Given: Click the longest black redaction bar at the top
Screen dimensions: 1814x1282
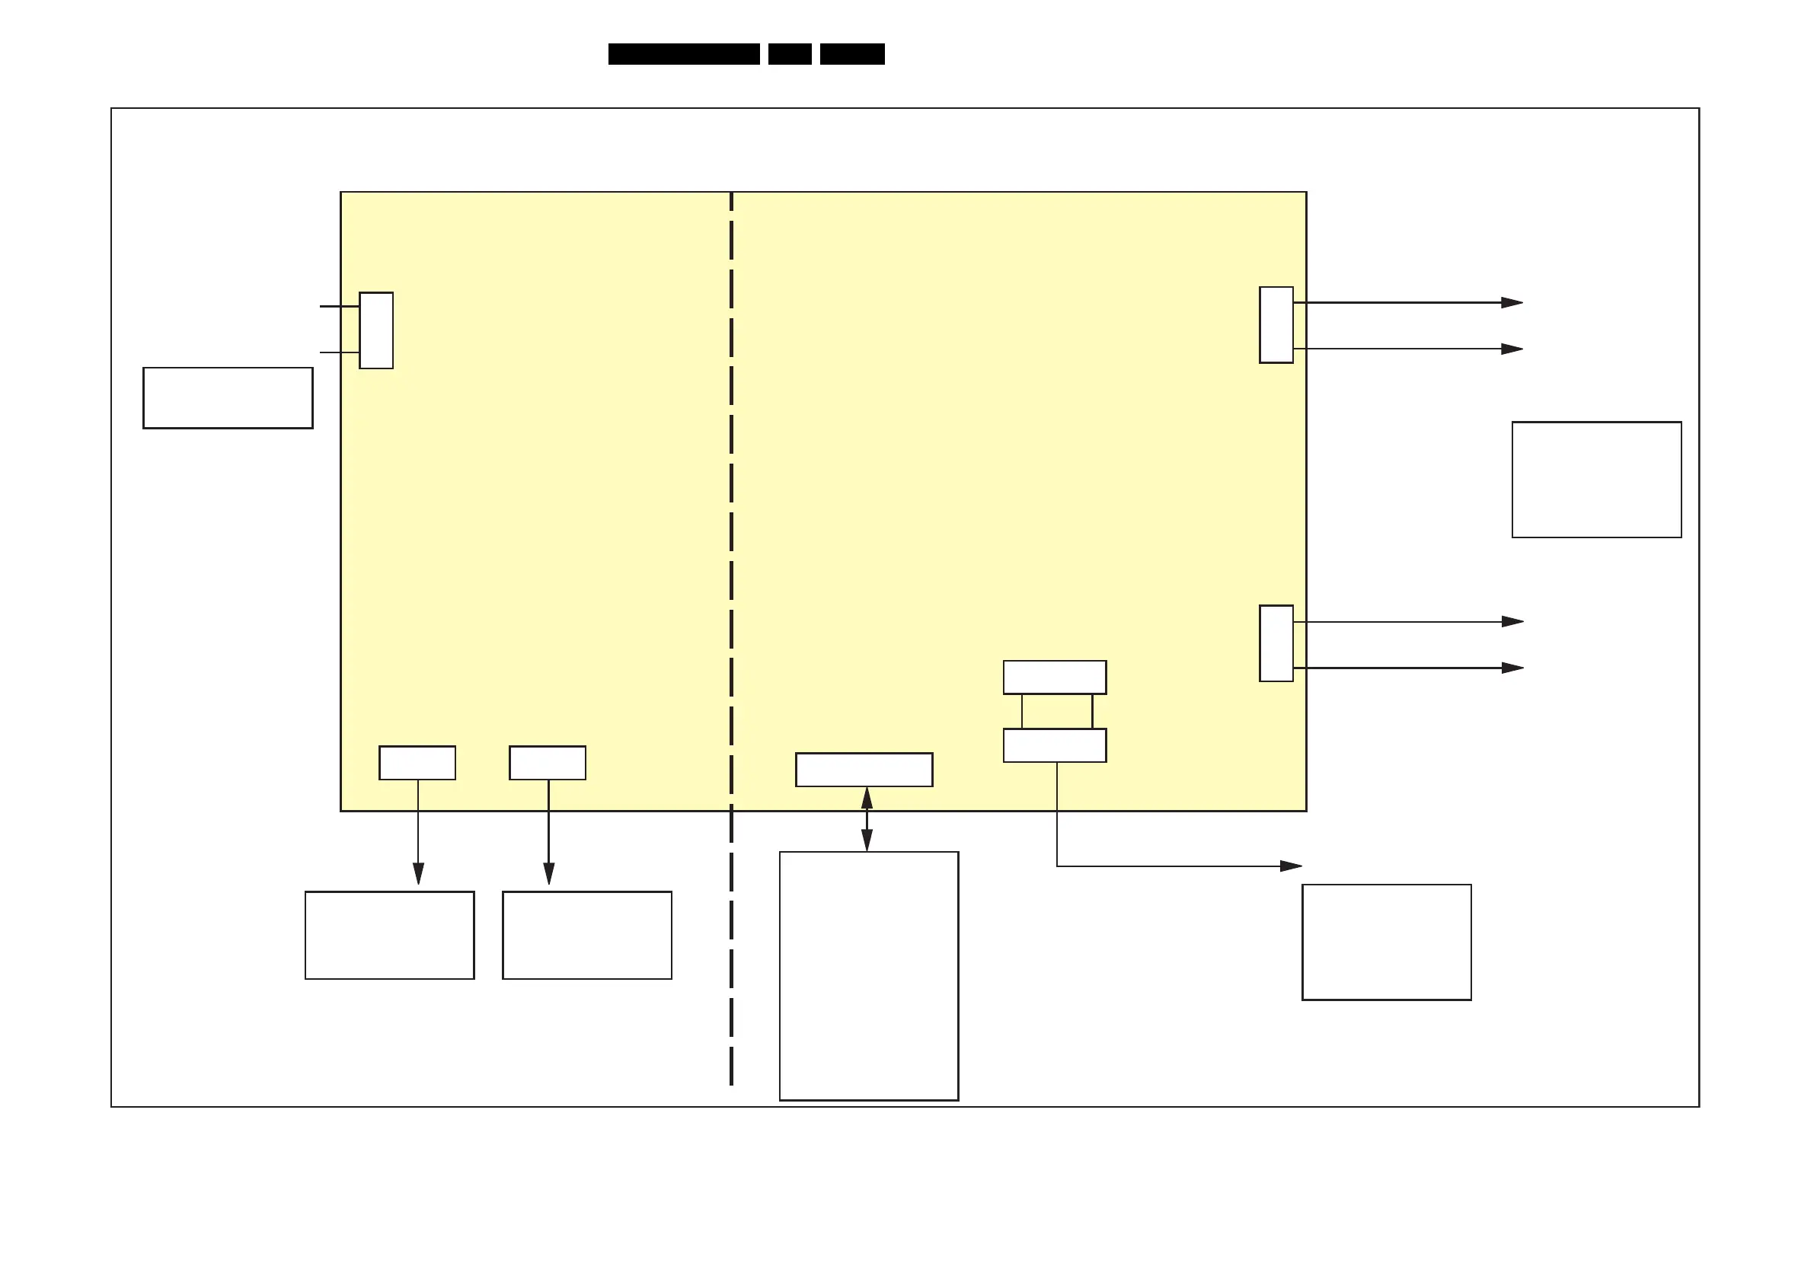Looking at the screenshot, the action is coord(683,54).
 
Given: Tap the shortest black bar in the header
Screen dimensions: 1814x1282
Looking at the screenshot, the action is coord(789,54).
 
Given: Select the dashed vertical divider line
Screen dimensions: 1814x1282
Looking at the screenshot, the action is coord(732,553).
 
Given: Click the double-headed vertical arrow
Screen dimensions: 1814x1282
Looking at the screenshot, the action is coord(867,819).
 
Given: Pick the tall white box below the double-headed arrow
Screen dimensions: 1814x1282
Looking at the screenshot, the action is coord(868,975).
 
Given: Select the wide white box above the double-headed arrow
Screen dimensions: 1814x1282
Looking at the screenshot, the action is coord(864,770).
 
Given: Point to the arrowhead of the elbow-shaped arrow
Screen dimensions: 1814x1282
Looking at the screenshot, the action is coord(1291,866).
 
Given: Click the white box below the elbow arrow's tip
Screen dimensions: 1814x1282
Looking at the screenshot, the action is coord(1386,942).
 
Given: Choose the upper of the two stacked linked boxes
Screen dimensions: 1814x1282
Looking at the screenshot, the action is coord(1054,677).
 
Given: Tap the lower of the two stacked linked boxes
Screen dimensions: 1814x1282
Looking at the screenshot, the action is coord(1054,745).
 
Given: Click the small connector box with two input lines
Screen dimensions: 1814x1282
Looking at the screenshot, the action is coord(376,330).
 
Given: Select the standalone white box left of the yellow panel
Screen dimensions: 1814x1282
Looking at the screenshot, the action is coord(228,398).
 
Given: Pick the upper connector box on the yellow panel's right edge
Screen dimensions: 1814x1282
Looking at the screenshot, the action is coord(1276,324).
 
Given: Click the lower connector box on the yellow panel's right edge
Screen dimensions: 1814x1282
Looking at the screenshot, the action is coord(1276,643).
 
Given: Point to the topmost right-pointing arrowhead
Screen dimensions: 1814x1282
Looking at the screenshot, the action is coord(1512,302).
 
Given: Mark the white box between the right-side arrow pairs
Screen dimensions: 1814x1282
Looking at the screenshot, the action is coord(1596,480).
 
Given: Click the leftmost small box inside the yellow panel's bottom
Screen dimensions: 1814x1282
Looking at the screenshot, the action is coord(417,762).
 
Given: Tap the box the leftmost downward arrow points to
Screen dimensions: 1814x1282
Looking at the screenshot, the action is coord(389,936).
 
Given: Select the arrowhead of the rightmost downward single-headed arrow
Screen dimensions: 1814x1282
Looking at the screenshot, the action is coord(548,874).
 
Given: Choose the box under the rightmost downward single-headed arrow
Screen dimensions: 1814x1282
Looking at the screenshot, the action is coord(587,936).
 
